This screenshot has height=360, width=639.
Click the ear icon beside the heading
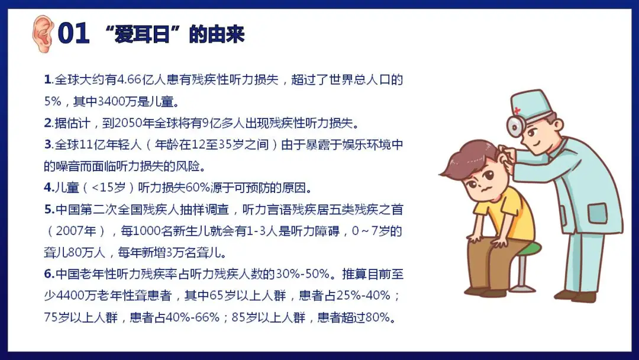(x=43, y=33)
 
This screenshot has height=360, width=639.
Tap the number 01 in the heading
(x=74, y=33)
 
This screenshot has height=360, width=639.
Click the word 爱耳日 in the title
(x=142, y=34)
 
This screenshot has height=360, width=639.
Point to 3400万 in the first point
(x=117, y=101)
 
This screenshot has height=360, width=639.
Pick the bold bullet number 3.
(x=49, y=144)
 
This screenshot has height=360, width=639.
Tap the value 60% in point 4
(x=198, y=188)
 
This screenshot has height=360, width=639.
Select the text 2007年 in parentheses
(x=76, y=231)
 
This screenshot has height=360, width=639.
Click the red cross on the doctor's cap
(x=517, y=111)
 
